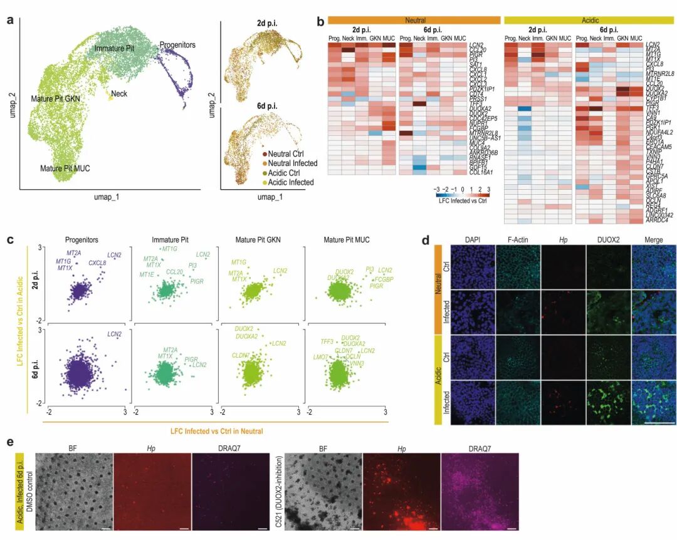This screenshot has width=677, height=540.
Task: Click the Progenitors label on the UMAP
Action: tap(177, 45)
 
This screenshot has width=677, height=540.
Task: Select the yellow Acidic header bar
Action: tap(590, 20)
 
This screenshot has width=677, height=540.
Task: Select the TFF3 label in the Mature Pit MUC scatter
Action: tap(327, 341)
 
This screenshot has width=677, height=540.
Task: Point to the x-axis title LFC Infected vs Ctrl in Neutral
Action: tap(217, 430)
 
